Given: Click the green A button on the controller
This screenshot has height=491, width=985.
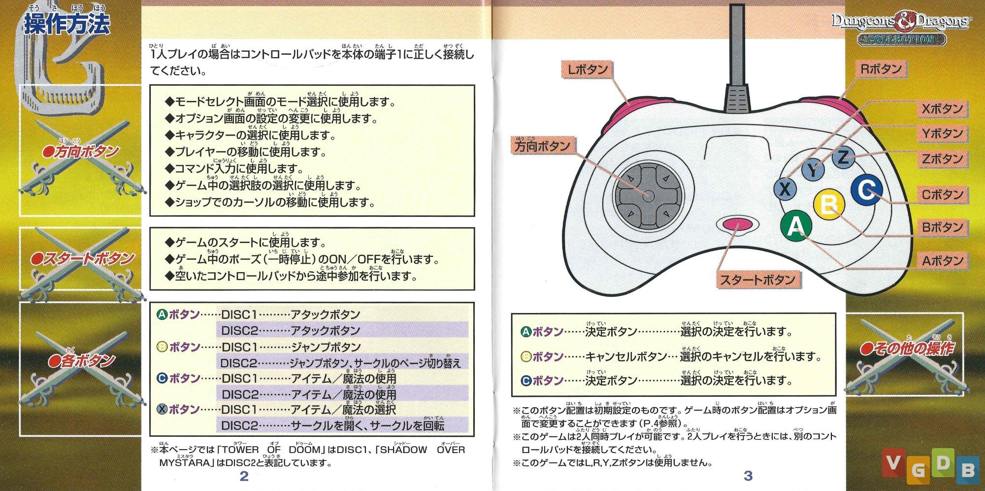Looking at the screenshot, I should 795,226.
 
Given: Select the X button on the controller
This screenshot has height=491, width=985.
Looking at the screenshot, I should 785,188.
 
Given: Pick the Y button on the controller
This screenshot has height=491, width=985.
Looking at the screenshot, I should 813,170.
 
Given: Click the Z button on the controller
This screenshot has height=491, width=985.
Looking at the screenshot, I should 843,158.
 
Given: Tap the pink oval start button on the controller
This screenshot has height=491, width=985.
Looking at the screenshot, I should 737,225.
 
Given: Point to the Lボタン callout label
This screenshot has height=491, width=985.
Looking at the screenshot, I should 587,70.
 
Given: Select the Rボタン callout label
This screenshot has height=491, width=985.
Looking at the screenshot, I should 881,69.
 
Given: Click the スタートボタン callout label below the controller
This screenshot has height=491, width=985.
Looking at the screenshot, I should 757,280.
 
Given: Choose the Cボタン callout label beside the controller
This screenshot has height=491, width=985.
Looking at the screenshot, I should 942,195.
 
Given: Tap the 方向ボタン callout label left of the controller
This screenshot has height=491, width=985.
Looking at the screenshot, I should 542,146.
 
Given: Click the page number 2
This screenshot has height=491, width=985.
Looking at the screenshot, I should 244,476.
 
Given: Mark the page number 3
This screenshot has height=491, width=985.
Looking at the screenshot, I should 748,476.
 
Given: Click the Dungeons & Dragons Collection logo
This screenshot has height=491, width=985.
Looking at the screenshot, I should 901,29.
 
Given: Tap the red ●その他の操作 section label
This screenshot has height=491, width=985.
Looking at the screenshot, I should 907,349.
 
